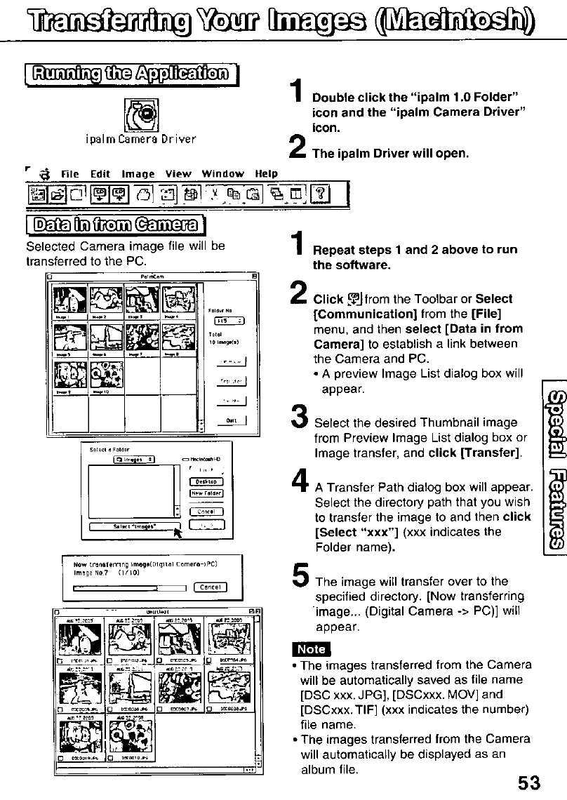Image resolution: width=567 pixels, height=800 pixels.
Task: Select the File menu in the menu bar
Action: tap(68, 173)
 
